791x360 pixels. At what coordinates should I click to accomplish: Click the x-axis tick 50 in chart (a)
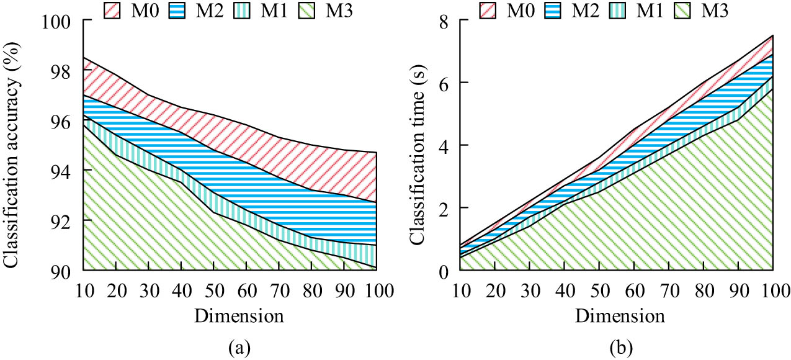pos(213,290)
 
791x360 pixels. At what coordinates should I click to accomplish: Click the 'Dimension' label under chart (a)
pos(239,315)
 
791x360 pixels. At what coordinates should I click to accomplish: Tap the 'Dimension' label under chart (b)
pos(619,315)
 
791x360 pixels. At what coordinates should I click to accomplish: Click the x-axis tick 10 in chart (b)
pos(461,290)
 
